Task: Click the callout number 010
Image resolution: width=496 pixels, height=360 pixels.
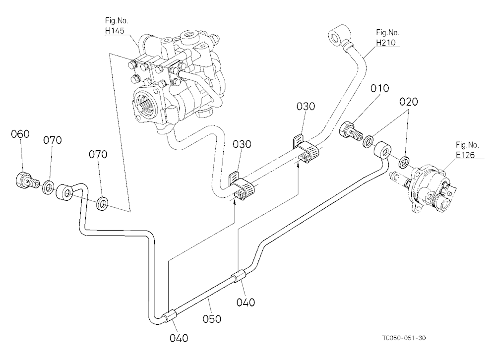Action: pyautogui.click(x=379, y=88)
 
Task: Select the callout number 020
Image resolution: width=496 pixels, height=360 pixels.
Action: pyautogui.click(x=408, y=102)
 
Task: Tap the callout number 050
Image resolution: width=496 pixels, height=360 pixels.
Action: pyautogui.click(x=212, y=319)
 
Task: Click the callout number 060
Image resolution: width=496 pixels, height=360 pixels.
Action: pyautogui.click(x=20, y=134)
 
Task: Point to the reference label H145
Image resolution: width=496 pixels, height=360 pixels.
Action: pyautogui.click(x=115, y=31)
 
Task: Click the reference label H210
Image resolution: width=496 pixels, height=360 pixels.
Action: pyautogui.click(x=385, y=42)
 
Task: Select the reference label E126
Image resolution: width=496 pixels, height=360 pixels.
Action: pyautogui.click(x=465, y=155)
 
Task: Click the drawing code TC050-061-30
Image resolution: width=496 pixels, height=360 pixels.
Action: pyautogui.click(x=404, y=338)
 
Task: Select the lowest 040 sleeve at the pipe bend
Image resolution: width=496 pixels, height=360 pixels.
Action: pyautogui.click(x=171, y=316)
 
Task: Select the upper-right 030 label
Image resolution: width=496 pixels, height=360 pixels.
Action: pyautogui.click(x=306, y=107)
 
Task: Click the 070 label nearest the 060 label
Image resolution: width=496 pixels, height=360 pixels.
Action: pyautogui.click(x=53, y=140)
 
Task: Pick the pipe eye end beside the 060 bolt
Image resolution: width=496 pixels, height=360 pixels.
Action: pyautogui.click(x=64, y=192)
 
